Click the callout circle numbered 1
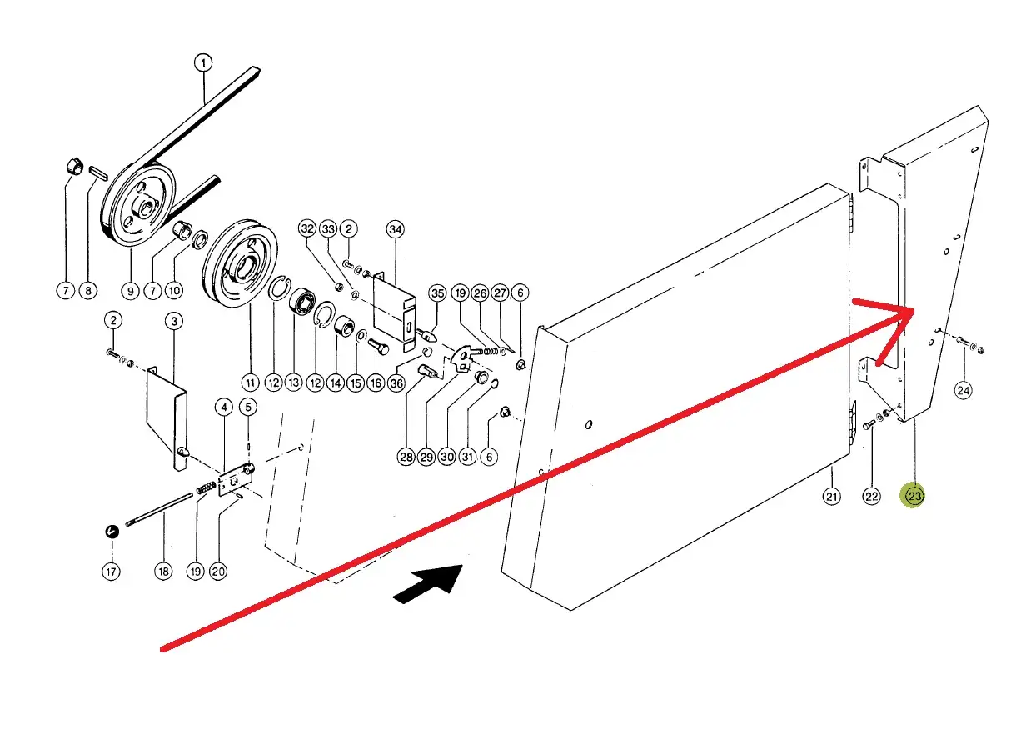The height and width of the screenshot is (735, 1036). (204, 62)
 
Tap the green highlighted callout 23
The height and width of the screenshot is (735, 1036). (914, 497)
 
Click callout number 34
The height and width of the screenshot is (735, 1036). (395, 228)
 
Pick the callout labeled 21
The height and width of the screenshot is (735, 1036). (831, 497)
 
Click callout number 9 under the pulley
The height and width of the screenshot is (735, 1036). (130, 291)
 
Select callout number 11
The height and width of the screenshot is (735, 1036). (251, 382)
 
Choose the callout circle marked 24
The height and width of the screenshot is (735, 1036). (964, 389)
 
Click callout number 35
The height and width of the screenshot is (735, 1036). (438, 292)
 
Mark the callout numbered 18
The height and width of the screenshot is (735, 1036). (163, 572)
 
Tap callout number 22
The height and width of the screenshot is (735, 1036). (871, 497)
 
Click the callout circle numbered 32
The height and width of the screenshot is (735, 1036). (307, 228)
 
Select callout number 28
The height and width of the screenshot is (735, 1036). (406, 457)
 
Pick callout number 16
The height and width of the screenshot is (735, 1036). (376, 382)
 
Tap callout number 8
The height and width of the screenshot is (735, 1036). (88, 291)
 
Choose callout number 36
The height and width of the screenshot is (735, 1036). (396, 382)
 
